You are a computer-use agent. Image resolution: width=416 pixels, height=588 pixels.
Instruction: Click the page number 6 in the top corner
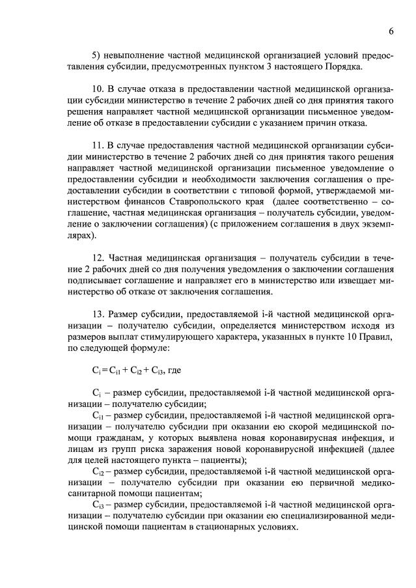[x=391, y=31]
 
